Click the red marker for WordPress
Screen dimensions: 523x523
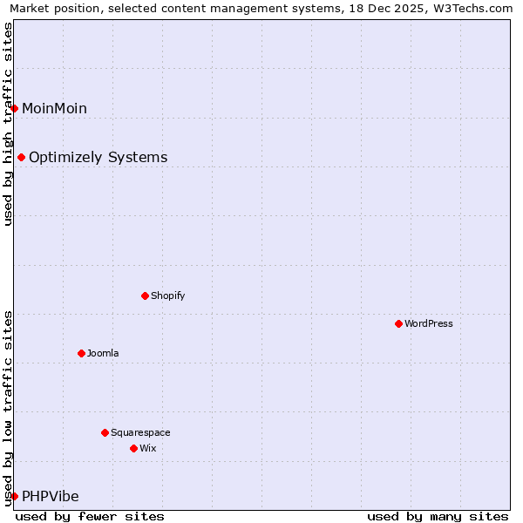398,323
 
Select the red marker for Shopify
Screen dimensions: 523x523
145,295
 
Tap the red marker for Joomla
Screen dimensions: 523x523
81,353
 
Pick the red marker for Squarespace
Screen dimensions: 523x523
105,432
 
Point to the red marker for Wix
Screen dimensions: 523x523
133,448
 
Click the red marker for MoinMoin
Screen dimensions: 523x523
15,108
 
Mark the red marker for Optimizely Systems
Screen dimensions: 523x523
21,157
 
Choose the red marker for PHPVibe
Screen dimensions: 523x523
15,496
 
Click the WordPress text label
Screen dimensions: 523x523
429,323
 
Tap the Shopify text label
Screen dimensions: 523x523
168,295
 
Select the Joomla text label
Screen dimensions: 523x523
103,353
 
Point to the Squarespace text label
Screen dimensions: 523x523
140,432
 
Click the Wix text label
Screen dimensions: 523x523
147,448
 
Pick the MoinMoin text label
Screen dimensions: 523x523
54,108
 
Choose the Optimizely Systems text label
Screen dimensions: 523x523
98,158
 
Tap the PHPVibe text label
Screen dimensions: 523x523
51,497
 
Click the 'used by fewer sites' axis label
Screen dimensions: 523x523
90,516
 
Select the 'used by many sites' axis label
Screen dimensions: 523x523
438,516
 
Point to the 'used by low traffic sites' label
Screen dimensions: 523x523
8,407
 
